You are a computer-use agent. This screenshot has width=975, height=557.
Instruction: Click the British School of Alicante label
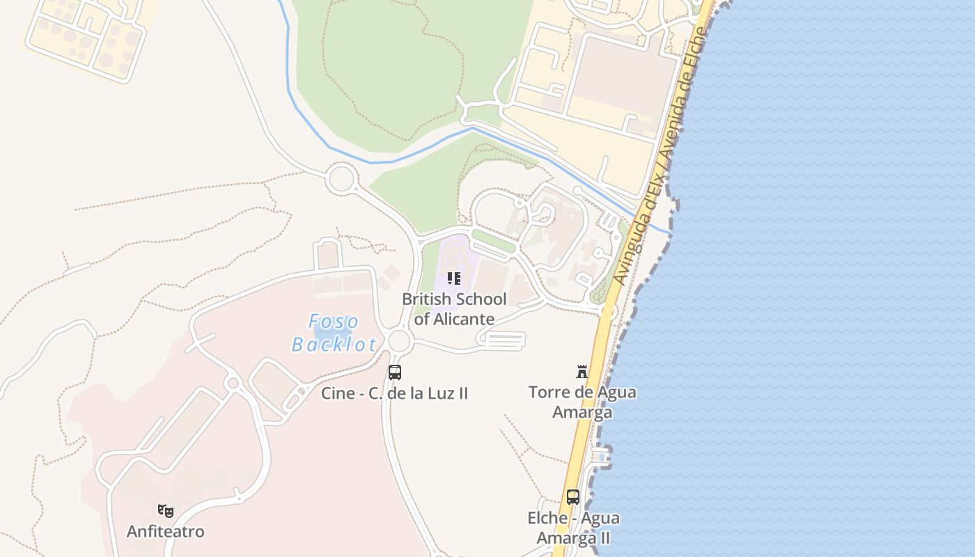click(x=454, y=309)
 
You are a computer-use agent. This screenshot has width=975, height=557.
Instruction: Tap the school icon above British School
click(x=454, y=278)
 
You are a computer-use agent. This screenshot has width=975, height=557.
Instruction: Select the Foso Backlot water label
click(x=334, y=333)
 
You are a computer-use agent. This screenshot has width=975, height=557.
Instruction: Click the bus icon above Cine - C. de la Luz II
click(x=395, y=372)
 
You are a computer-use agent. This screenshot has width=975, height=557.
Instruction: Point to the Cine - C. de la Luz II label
click(x=394, y=393)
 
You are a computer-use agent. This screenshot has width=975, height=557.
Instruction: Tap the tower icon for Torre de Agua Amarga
click(x=582, y=372)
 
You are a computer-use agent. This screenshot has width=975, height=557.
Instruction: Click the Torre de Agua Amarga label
click(x=582, y=402)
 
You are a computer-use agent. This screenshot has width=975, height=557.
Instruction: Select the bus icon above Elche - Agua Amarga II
click(x=573, y=497)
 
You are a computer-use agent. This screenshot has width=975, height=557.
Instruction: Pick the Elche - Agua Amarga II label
click(x=573, y=528)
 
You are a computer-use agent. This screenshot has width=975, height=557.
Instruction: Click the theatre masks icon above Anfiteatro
click(x=166, y=511)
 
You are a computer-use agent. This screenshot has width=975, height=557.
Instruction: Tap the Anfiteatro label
click(x=166, y=532)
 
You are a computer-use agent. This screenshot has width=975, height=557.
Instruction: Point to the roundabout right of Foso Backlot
click(x=399, y=341)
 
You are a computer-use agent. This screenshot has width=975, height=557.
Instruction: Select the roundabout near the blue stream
click(x=341, y=178)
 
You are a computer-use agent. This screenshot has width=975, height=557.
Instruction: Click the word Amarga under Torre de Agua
click(x=582, y=411)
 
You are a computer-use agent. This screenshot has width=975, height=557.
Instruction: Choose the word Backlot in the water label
click(x=334, y=344)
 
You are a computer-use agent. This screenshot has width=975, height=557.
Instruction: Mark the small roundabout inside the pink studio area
click(x=233, y=383)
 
